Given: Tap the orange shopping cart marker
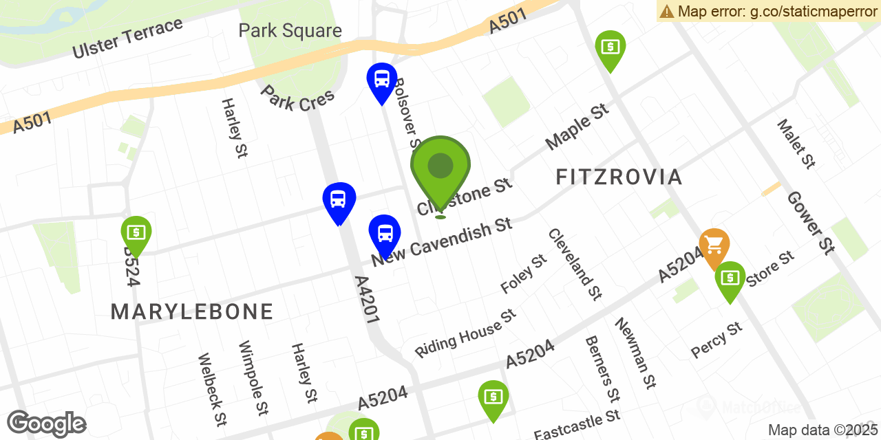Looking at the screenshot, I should coord(714,245).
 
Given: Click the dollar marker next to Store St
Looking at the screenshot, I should coord(730,278).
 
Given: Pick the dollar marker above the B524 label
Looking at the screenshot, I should coord(136,233).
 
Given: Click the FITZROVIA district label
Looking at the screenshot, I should coord(619,177).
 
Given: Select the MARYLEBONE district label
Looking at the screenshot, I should coord(192,312).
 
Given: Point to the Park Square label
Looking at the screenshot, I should coord(290,31).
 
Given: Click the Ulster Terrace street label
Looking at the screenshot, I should coord(128,38).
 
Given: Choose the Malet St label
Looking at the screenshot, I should coord(796,144).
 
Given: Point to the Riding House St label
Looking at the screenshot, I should coord(465,333).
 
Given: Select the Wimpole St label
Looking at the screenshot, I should coord(252,377).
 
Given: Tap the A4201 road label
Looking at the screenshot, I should coord(367,300).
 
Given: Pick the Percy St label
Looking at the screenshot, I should coord(717,340).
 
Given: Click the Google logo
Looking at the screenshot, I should coord(46,423).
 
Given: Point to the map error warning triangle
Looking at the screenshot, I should coord(666,11).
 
